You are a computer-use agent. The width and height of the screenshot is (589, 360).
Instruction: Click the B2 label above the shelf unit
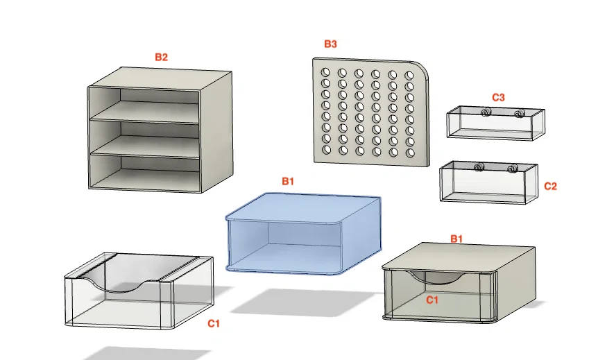pyautogui.click(x=161, y=57)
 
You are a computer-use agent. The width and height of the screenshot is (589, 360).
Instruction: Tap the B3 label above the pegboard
pyautogui.click(x=330, y=44)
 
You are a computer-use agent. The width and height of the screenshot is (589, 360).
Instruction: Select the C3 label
pyautogui.click(x=499, y=97)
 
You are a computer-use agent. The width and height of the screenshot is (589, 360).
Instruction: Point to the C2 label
pyautogui.click(x=550, y=186)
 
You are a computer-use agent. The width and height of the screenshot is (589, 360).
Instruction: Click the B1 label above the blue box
pyautogui.click(x=288, y=181)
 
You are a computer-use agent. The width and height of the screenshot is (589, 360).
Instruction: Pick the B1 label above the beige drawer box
pyautogui.click(x=456, y=239)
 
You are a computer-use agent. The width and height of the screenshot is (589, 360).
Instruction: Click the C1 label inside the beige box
pyautogui.click(x=432, y=300)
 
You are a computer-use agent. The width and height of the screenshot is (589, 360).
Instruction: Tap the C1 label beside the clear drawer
pyautogui.click(x=214, y=324)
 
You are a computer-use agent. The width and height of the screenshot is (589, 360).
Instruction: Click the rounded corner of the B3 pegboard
pyautogui.click(x=423, y=67)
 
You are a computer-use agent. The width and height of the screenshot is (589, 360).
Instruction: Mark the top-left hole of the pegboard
pyautogui.click(x=325, y=72)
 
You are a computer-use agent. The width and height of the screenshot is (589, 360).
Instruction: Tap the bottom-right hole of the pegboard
pyautogui.click(x=410, y=153)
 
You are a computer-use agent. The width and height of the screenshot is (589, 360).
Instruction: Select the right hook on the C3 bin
pyautogui.click(x=520, y=113)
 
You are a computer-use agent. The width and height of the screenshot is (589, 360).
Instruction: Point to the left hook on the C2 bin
pyautogui.click(x=479, y=167)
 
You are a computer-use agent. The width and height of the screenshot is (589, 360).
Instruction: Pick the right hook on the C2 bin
pyautogui.click(x=511, y=169)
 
